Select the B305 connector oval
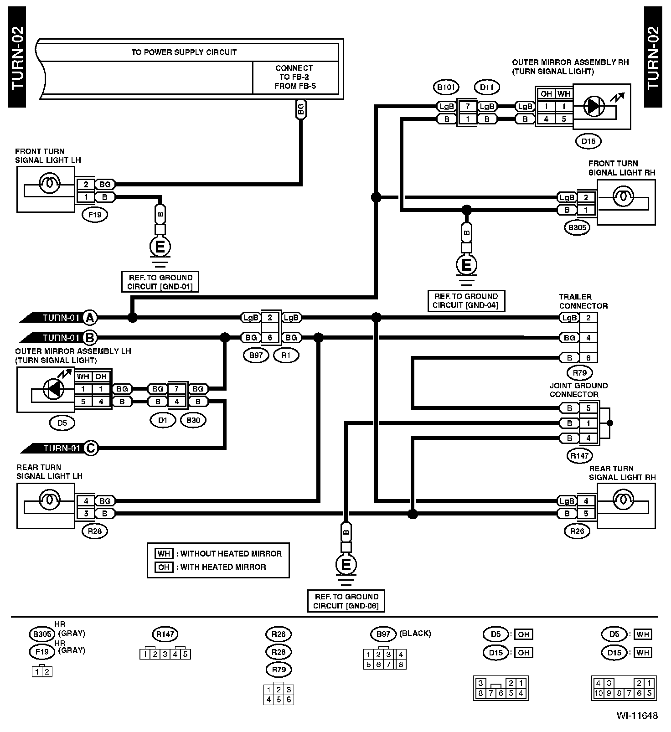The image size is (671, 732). click(x=577, y=227)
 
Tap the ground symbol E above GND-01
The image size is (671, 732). click(x=160, y=247)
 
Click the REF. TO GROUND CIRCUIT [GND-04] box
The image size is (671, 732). click(x=466, y=301)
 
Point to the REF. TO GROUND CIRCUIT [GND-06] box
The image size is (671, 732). click(x=346, y=601)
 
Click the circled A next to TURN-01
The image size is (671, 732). click(x=90, y=318)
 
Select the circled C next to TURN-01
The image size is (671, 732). click(x=90, y=448)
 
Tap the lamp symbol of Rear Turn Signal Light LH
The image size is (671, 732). click(x=47, y=500)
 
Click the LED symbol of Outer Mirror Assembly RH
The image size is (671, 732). click(x=594, y=106)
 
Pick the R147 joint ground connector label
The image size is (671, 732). click(x=580, y=455)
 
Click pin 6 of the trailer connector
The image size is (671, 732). click(x=588, y=358)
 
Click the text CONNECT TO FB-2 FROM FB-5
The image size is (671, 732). click(x=294, y=77)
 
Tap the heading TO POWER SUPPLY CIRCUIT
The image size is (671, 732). click(x=184, y=52)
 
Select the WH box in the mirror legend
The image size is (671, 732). click(x=164, y=554)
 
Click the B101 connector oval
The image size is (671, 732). click(x=446, y=88)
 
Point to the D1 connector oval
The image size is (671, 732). click(x=163, y=420)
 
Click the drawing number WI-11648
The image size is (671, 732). click(x=637, y=716)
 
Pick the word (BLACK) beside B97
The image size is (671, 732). click(x=415, y=633)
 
